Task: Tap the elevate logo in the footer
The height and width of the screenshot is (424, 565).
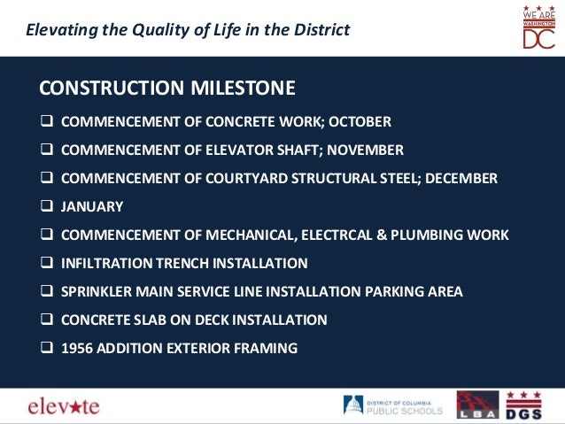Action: pos(65,406)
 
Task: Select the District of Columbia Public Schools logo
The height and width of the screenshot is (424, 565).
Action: pos(393,405)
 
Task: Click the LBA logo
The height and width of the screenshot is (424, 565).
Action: pos(477,405)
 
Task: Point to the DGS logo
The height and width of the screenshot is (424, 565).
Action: pos(523,405)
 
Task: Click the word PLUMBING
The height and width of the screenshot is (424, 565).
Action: pos(437,235)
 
